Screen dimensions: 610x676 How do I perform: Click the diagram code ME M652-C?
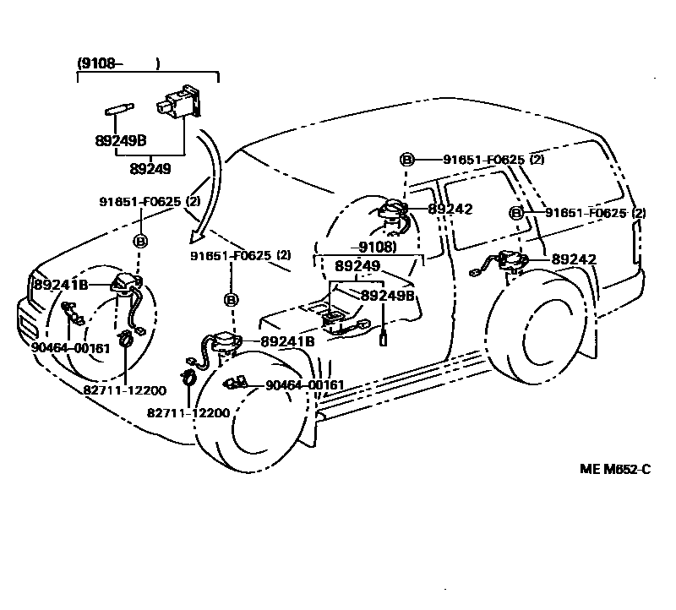point(614,470)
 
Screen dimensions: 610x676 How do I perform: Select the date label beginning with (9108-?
point(118,63)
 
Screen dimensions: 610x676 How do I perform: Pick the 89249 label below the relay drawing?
point(150,168)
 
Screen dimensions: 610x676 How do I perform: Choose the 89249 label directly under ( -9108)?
point(356,265)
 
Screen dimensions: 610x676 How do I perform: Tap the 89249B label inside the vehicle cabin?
point(388,296)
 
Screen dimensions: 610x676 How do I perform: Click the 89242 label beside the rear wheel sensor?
point(574,260)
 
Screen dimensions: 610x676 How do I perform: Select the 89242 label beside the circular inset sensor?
point(450,209)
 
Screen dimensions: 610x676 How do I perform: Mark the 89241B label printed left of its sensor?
point(61,285)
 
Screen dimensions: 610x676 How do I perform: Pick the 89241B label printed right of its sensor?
point(287,341)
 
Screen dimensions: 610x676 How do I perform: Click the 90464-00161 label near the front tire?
point(304,385)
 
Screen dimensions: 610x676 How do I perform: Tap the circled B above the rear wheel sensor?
point(515,213)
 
